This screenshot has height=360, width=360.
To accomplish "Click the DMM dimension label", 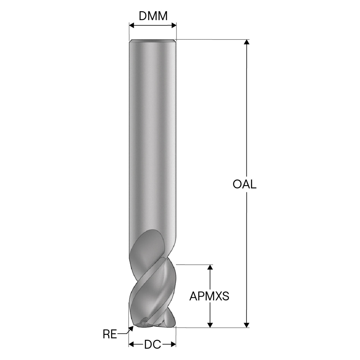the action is click(153, 16).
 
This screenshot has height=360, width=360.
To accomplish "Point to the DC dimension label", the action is click(152, 344).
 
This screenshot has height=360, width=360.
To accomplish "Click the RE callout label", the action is click(110, 334).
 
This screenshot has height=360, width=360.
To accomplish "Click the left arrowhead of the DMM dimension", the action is click(132, 25).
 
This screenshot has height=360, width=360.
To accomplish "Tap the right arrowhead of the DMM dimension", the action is click(174, 25).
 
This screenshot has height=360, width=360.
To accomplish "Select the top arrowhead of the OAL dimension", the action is click(247, 42).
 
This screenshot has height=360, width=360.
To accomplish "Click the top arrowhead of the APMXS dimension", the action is click(210, 267).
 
